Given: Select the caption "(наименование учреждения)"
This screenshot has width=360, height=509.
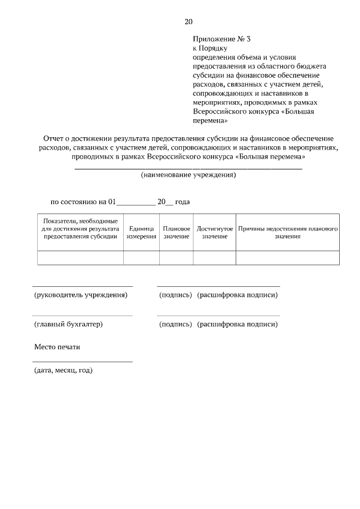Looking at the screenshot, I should click(188, 175).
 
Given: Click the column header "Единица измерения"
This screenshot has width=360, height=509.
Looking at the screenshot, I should click(141, 233).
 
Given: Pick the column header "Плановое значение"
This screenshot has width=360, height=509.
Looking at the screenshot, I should click(177, 233).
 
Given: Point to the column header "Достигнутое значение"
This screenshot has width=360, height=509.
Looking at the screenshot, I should click(215, 233).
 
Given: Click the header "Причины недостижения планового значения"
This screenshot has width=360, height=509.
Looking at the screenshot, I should click(287, 233).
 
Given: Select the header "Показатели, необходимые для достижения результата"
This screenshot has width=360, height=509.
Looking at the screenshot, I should click(80, 229).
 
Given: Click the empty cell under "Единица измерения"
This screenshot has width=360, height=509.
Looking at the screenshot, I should click(141, 258).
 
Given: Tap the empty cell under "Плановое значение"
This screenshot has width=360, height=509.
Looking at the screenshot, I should click(177, 258).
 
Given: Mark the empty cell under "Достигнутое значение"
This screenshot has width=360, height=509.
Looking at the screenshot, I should click(215, 258).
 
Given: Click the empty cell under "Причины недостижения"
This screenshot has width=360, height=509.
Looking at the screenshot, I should click(287, 258).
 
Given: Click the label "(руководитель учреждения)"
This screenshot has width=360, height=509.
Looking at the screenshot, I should click(80, 295).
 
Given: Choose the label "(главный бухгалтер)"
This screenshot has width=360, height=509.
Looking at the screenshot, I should click(68, 324).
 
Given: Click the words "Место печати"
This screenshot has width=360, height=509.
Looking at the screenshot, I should click(57, 346).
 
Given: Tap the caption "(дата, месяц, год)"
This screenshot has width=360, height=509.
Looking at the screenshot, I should click(63, 370).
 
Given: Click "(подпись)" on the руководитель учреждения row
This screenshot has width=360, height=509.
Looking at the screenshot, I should click(175, 295).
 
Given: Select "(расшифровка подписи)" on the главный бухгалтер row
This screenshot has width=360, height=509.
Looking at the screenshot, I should click(237, 324).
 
